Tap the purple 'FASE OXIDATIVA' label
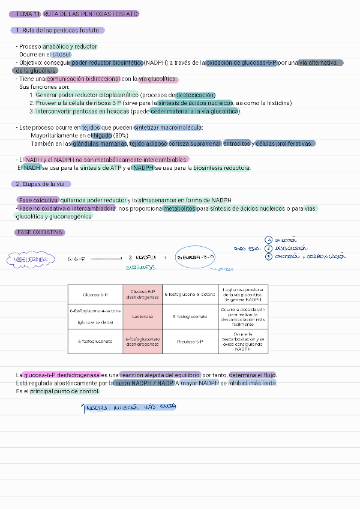click(40, 232)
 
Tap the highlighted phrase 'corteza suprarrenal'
click(194, 144)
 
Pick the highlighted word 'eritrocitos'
click(238, 144)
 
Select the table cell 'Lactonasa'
click(142, 316)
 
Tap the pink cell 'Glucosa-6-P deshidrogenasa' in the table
click(142, 295)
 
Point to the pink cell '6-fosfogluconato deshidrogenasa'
click(142, 342)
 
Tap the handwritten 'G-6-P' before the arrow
click(76, 259)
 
